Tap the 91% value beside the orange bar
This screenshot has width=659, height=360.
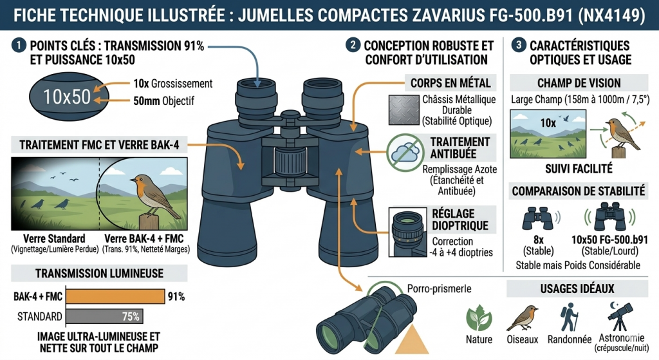point(176,297)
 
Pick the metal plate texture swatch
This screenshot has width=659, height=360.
point(404,110)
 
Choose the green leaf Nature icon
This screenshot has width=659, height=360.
point(478,317)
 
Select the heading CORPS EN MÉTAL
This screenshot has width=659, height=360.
point(450,82)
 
